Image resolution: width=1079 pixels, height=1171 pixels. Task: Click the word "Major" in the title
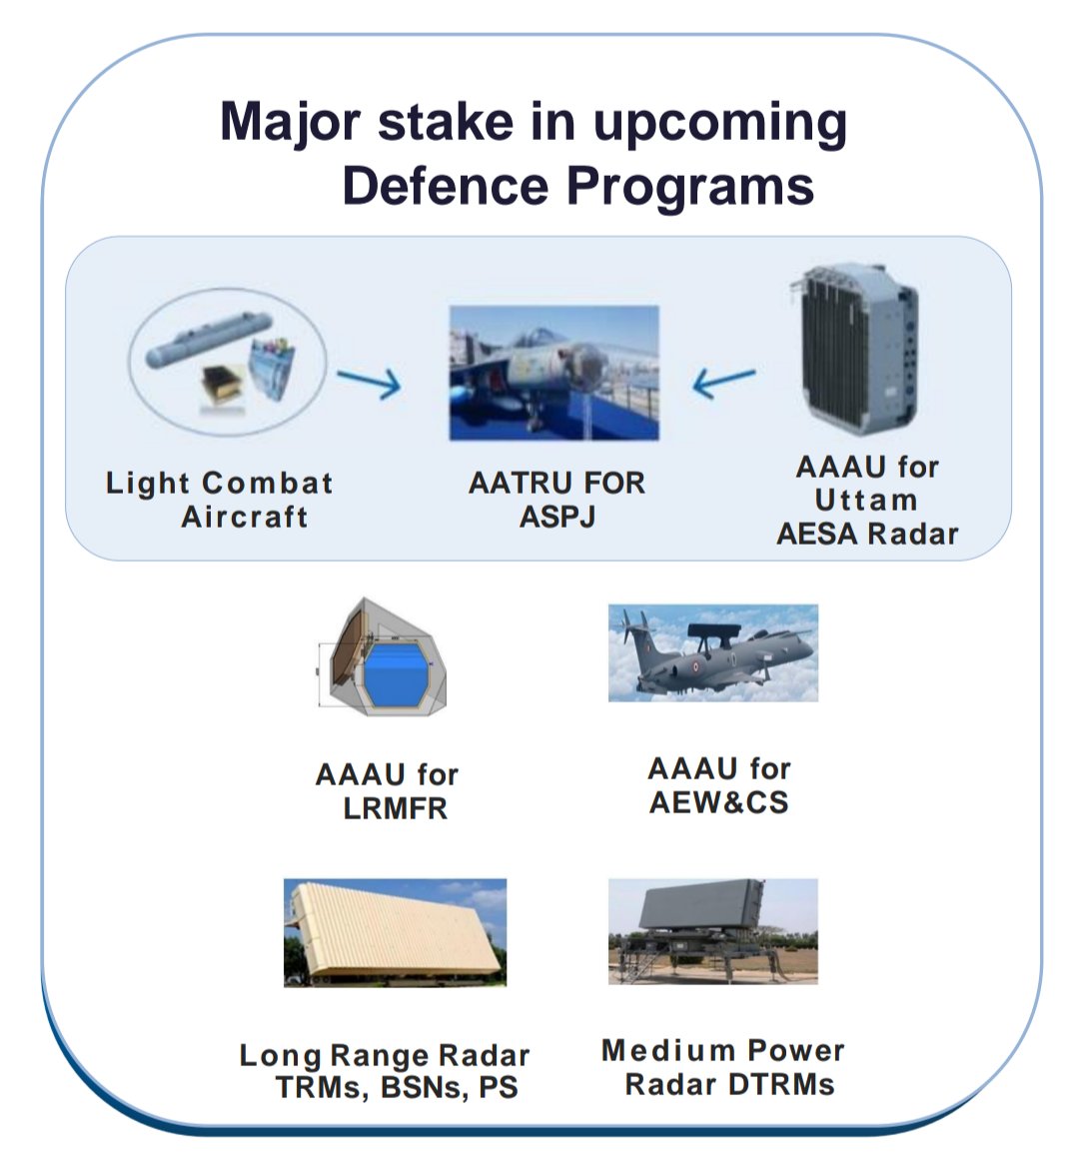[291, 123]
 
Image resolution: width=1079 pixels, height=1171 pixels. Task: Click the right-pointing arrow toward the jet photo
[369, 383]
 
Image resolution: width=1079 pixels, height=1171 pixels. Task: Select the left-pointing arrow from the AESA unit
[723, 383]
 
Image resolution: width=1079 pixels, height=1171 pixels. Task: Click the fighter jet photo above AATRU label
[554, 372]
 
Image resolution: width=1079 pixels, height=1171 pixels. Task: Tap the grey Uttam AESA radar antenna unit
[855, 348]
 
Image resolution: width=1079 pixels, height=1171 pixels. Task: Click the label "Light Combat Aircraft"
[220, 500]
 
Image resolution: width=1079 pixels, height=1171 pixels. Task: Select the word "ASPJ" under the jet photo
[557, 517]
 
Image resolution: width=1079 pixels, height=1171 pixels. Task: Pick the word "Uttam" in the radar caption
[865, 500]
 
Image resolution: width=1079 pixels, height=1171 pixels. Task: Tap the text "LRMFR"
[395, 808]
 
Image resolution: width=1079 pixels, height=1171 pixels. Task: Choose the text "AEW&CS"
[718, 802]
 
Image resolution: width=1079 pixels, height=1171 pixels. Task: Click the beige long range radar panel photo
[395, 932]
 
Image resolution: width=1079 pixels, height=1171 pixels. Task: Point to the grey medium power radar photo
[713, 931]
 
